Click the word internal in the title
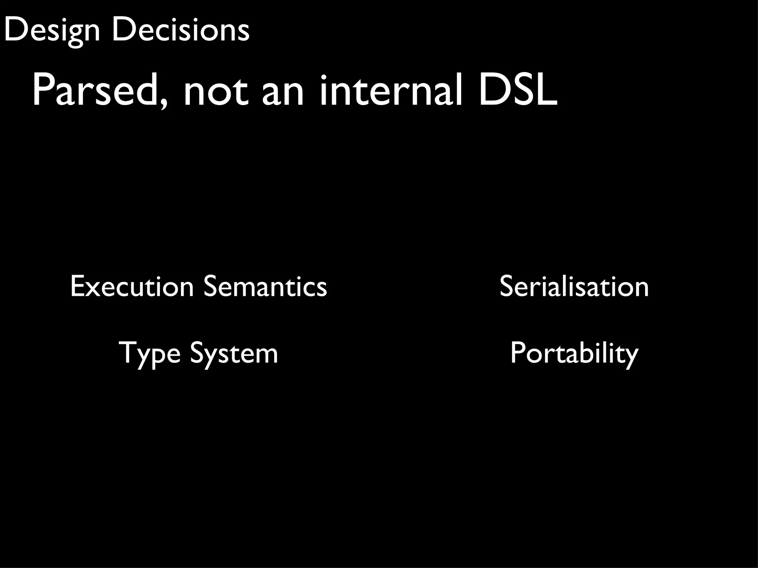pyautogui.click(x=390, y=91)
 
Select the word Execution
pyautogui.click(x=132, y=286)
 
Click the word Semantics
pyautogui.click(x=265, y=286)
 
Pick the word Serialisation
pyautogui.click(x=574, y=286)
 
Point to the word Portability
pyautogui.click(x=574, y=353)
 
